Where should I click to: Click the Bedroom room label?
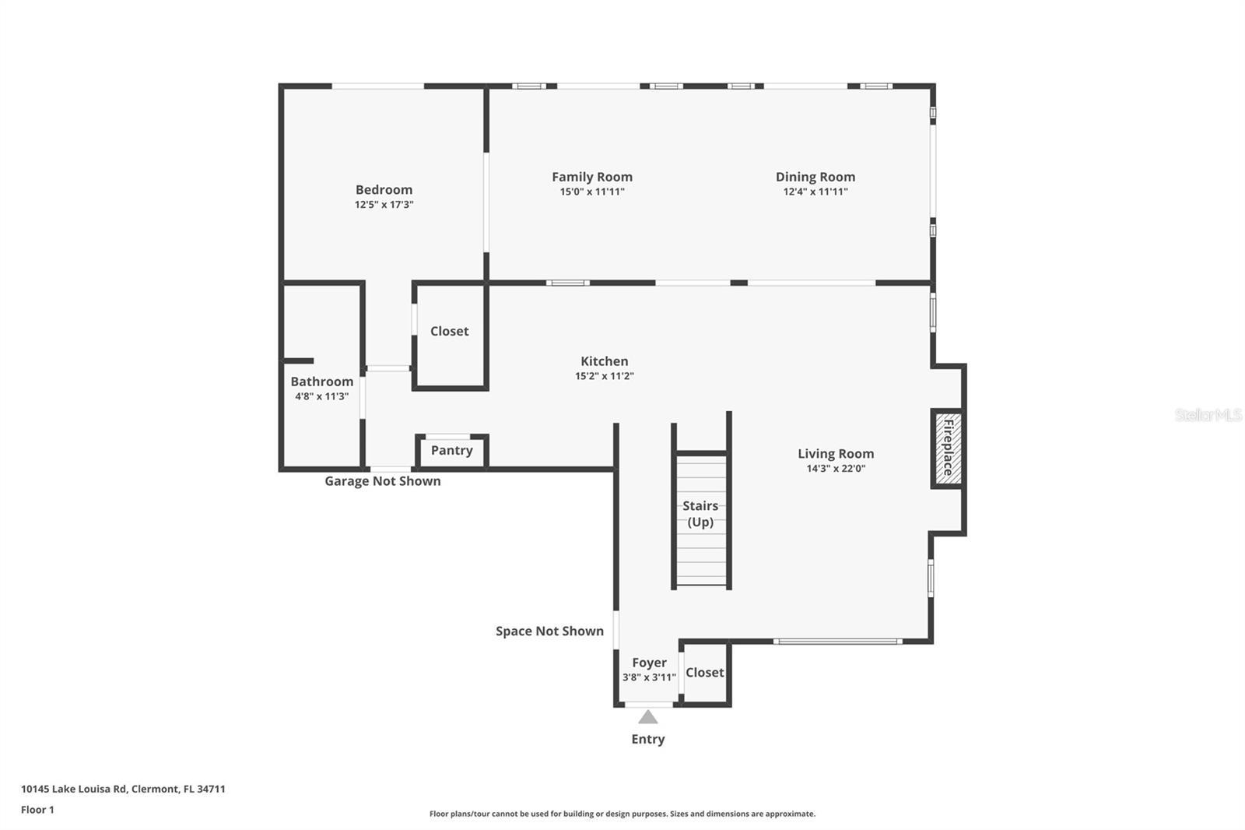[x=384, y=189]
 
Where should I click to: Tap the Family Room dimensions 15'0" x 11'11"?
[x=592, y=192]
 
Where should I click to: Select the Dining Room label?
[x=815, y=177]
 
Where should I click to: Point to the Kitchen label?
[x=604, y=361]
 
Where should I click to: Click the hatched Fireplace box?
[x=948, y=448]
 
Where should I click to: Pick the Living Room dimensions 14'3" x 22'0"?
[x=836, y=469]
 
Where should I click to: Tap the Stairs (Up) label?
[x=700, y=514]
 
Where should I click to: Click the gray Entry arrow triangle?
[x=647, y=717]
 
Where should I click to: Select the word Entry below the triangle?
[x=647, y=739]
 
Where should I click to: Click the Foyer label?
[x=649, y=663]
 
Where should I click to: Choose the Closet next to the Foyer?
[x=704, y=672]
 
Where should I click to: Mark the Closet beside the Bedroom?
[x=449, y=331]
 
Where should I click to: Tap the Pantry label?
[x=451, y=450]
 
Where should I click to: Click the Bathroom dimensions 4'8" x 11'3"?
[x=321, y=396]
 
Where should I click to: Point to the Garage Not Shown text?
[x=382, y=481]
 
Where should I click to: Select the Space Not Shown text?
[x=549, y=631]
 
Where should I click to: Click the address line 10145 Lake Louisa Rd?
[x=123, y=789]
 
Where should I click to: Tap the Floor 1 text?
[x=37, y=810]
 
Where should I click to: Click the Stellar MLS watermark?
[x=1208, y=415]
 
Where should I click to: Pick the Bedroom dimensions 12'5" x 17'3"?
[x=384, y=205]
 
